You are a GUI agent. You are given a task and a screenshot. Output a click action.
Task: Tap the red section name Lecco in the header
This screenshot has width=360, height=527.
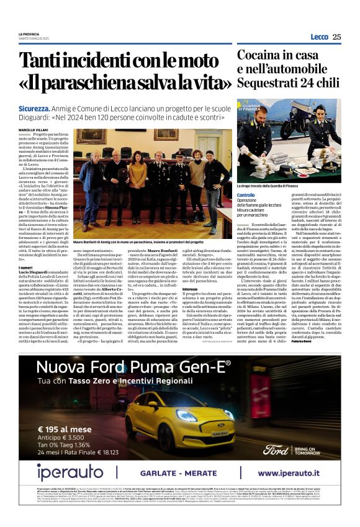point(319,37)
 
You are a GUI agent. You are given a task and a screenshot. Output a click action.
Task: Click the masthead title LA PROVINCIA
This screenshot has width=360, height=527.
point(29,34)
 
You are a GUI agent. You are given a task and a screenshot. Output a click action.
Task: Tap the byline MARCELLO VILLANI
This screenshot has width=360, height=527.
point(32,129)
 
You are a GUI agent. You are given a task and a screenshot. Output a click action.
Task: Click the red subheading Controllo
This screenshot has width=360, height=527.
point(246,195)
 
